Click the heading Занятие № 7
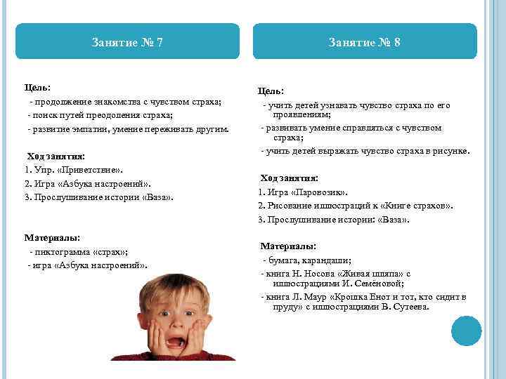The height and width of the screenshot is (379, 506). [127, 42]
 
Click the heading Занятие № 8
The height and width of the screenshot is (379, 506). [365, 42]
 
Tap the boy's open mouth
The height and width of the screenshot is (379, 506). [171, 343]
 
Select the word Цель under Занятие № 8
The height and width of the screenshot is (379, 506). [271, 91]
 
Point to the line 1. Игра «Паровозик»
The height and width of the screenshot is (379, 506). [303, 192]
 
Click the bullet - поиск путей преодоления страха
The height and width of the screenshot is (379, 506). [100, 116]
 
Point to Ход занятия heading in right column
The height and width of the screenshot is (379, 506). [289, 178]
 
